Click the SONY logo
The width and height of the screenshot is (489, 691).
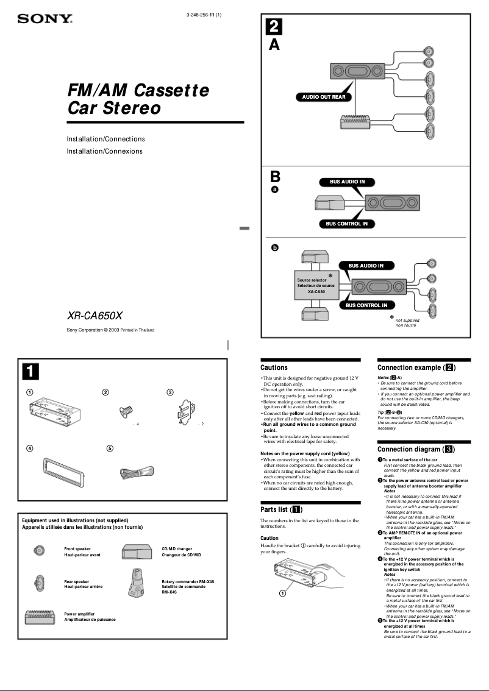pyautogui.click(x=45, y=19)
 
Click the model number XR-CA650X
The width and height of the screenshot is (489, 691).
pyautogui.click(x=95, y=316)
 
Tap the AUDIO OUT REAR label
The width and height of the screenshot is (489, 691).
pyautogui.click(x=324, y=97)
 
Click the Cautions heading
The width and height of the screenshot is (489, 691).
pyautogui.click(x=274, y=367)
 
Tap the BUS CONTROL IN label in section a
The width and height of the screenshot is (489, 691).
pyautogui.click(x=346, y=224)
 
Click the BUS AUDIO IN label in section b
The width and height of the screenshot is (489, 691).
pyautogui.click(x=366, y=266)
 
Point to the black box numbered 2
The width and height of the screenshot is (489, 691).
pyautogui.click(x=274, y=26)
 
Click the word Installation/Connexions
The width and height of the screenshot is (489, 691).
pyautogui.click(x=104, y=151)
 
